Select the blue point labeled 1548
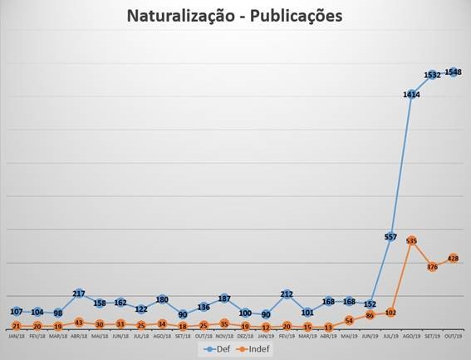(x=454, y=72)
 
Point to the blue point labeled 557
(x=390, y=237)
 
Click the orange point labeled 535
(x=411, y=240)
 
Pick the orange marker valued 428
(x=454, y=259)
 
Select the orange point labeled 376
(x=433, y=267)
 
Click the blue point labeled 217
(x=79, y=293)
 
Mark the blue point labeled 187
(x=223, y=298)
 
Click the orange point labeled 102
(x=390, y=312)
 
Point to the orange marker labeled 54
(x=349, y=320)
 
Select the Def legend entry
(x=217, y=350)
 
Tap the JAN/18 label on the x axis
(x=16, y=337)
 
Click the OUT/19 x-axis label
(x=454, y=337)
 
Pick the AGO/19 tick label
(x=411, y=337)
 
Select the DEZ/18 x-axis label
(x=245, y=337)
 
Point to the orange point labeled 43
(x=79, y=322)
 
